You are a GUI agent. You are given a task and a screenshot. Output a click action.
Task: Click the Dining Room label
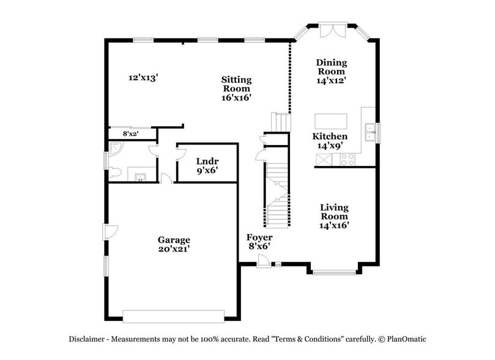(x=331, y=71)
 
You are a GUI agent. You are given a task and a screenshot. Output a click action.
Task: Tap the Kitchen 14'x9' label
(x=330, y=141)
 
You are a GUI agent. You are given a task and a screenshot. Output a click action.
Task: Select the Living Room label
(x=334, y=216)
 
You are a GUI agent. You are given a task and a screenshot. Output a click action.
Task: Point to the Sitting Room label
(x=236, y=88)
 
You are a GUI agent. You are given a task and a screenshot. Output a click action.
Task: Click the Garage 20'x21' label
(x=174, y=244)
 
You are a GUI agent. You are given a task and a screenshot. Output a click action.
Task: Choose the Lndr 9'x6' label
(x=207, y=166)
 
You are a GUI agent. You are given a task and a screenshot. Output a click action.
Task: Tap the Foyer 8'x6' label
(x=259, y=241)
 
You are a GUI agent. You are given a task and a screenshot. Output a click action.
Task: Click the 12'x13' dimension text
(x=143, y=78)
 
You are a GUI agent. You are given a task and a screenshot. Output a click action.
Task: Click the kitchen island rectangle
(x=330, y=120)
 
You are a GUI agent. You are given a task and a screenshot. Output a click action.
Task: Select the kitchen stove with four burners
(x=347, y=160)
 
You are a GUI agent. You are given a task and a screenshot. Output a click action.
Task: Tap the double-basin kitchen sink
(x=370, y=129)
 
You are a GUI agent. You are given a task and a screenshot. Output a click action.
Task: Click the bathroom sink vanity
(x=140, y=177)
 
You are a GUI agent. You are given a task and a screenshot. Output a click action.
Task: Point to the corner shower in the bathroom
(x=116, y=148)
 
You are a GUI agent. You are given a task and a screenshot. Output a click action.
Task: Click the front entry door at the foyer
(x=263, y=261)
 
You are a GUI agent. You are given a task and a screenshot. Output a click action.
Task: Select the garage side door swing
(x=110, y=232)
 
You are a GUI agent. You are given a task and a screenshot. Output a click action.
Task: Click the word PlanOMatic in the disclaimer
(x=404, y=339)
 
